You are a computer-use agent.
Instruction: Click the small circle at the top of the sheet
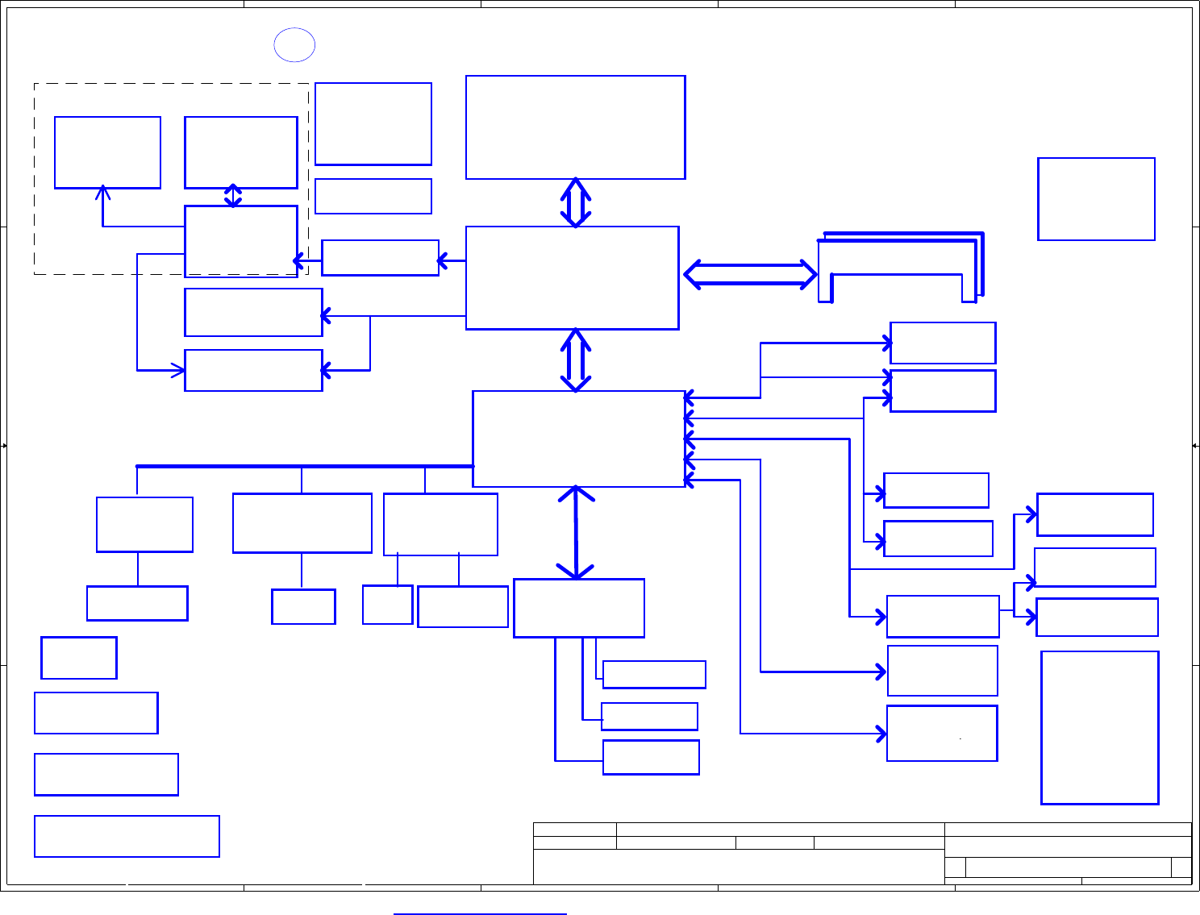coord(294,45)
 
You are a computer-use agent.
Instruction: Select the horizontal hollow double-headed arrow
coord(750,274)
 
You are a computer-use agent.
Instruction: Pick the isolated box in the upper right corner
coord(1096,199)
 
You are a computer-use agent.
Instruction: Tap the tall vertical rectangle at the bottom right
coord(1100,727)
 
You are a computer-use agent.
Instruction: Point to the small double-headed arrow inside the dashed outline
coord(233,196)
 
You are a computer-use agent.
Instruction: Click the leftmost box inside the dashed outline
coord(107,152)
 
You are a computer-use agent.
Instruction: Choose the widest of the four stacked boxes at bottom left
coord(127,836)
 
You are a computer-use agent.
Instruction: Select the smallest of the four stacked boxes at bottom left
coord(79,658)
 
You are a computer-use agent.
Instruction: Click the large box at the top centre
coord(575,127)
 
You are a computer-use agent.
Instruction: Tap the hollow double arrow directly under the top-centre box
coord(576,202)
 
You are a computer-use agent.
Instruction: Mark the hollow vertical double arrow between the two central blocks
coord(576,360)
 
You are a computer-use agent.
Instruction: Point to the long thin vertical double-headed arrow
coord(576,533)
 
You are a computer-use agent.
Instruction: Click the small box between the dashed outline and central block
coord(380,258)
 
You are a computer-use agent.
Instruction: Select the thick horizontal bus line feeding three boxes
coord(305,466)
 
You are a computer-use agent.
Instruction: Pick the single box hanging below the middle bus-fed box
coord(303,607)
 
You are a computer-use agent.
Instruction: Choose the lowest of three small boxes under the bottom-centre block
coord(651,757)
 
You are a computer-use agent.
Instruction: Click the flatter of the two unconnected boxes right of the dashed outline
coord(373,196)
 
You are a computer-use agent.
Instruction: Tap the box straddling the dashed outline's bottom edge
coord(241,241)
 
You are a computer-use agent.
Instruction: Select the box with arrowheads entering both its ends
coord(253,370)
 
